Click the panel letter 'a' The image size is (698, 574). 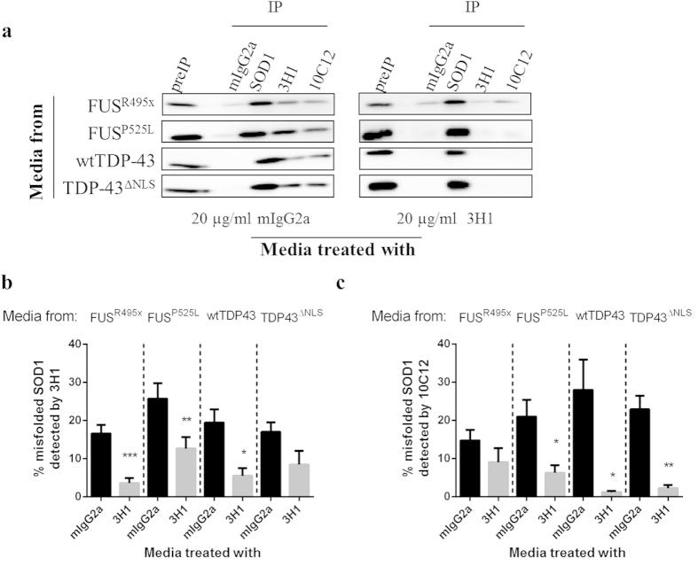8,33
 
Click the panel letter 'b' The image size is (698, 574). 8,284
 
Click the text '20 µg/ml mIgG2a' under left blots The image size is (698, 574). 246,220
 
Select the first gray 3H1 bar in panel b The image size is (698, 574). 130,488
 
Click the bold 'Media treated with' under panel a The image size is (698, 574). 337,249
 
